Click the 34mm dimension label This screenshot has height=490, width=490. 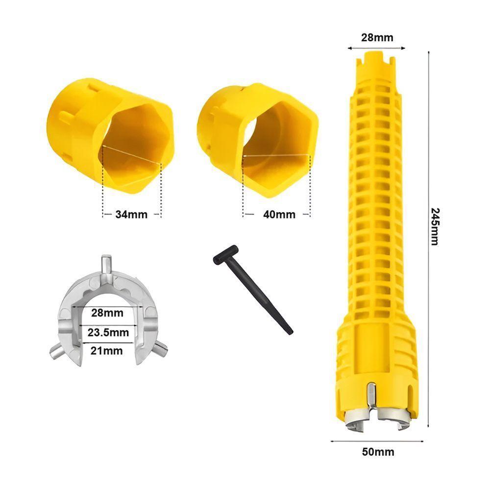coord(131,215)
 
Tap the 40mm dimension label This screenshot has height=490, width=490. coord(279,215)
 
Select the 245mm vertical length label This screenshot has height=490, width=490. coord(435,226)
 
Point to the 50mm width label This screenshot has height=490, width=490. coord(378,452)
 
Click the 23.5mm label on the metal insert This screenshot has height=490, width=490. coord(108,332)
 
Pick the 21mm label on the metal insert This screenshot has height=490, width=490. coord(106,351)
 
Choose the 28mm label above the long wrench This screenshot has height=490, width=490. coord(377,38)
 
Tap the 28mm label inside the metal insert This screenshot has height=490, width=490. coord(107,313)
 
